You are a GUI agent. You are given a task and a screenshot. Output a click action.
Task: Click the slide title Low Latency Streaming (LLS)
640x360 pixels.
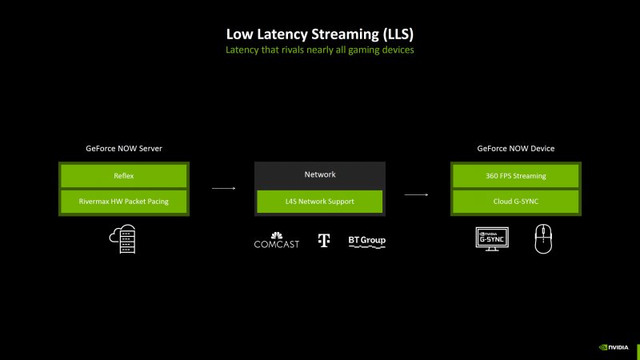click(x=320, y=34)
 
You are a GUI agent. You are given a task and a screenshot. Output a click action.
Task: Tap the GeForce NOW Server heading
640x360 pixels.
click(x=123, y=149)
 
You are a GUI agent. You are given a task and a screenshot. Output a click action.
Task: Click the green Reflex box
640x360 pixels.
click(x=123, y=175)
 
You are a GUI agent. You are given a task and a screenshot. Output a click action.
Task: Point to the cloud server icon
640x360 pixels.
click(x=123, y=238)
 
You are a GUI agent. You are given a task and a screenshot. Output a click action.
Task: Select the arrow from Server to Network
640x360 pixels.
click(x=223, y=189)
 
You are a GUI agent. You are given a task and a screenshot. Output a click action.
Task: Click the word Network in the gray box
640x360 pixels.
click(x=320, y=174)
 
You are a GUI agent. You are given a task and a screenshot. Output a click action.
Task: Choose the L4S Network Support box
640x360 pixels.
click(x=320, y=201)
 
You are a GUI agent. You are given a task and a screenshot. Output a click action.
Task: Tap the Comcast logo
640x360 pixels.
click(x=276, y=240)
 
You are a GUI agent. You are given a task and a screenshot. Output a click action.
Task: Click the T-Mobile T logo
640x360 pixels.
click(x=324, y=240)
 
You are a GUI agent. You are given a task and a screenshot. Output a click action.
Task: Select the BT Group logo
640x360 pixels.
click(x=367, y=241)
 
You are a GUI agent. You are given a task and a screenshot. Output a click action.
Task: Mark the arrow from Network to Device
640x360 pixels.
click(x=416, y=194)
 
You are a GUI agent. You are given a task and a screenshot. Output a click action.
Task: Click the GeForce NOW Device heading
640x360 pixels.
click(x=516, y=149)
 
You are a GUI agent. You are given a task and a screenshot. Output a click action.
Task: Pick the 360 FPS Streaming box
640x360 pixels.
click(x=516, y=175)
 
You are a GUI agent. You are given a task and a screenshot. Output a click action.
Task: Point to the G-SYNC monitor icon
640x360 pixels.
click(x=493, y=238)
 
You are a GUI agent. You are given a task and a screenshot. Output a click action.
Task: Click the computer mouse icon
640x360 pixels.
click(x=543, y=238)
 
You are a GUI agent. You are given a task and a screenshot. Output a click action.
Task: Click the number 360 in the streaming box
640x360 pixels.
click(x=494, y=175)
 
